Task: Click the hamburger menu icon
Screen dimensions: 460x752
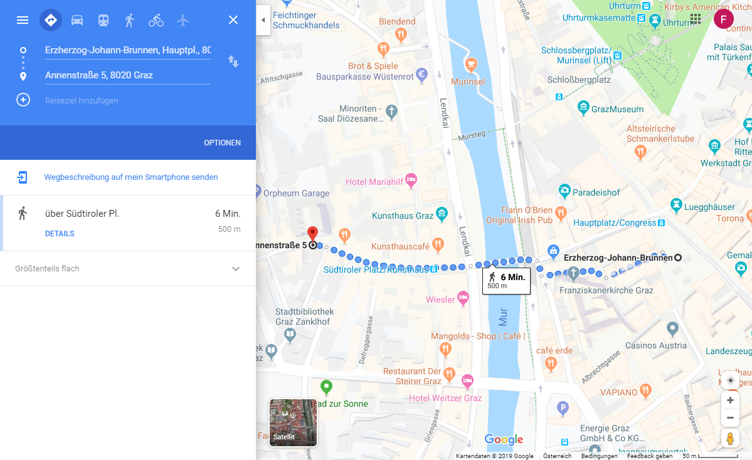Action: click(x=23, y=20)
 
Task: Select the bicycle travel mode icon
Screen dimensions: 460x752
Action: click(x=156, y=20)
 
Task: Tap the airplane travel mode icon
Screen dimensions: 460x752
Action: click(x=183, y=20)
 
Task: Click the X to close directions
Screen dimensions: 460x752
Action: click(x=233, y=20)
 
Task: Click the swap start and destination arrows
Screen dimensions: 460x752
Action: click(x=233, y=61)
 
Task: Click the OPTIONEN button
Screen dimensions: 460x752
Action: click(x=222, y=143)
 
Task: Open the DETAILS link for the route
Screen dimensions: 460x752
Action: click(x=60, y=234)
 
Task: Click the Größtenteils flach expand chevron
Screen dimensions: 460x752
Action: click(x=236, y=269)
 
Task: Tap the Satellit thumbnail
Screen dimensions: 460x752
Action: click(x=293, y=422)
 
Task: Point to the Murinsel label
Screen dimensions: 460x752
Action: click(x=467, y=82)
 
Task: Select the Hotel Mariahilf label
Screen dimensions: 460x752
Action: click(x=374, y=182)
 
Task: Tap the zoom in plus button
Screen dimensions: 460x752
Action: click(x=730, y=400)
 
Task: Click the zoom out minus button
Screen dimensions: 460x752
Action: click(x=730, y=417)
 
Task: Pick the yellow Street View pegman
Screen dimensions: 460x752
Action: click(x=730, y=439)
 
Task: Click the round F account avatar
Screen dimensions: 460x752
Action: click(x=723, y=19)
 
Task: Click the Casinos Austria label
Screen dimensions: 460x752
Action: click(x=656, y=345)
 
